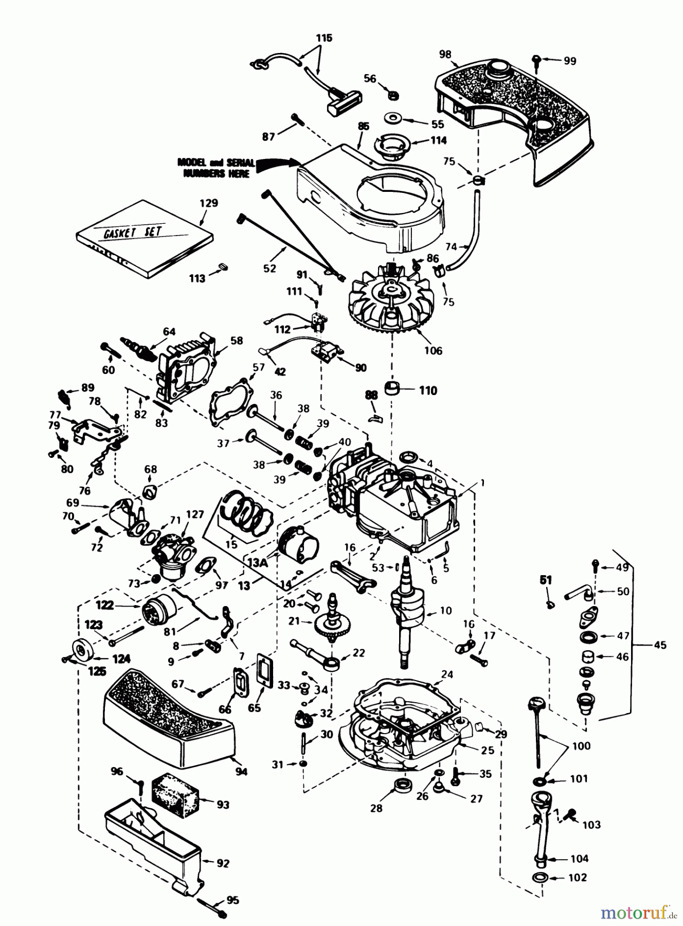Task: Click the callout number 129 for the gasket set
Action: [209, 203]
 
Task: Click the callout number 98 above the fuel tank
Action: [445, 55]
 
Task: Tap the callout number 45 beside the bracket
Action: [660, 645]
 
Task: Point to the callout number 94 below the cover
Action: [241, 771]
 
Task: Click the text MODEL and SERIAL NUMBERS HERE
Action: [216, 168]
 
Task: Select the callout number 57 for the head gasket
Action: [258, 367]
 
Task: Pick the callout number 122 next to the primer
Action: [105, 605]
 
